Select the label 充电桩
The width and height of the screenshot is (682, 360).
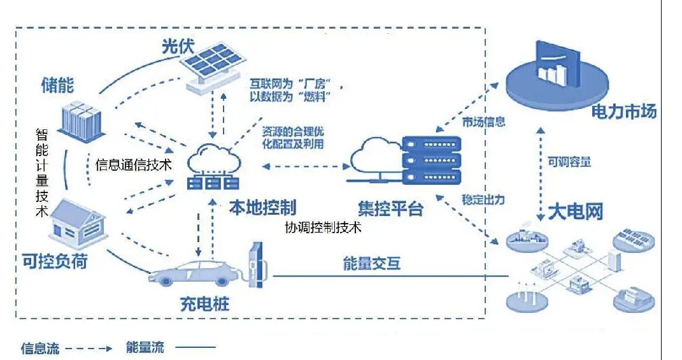tap(204, 305)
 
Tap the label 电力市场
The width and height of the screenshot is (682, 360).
tap(624, 112)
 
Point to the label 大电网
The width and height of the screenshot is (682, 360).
tap(575, 212)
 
